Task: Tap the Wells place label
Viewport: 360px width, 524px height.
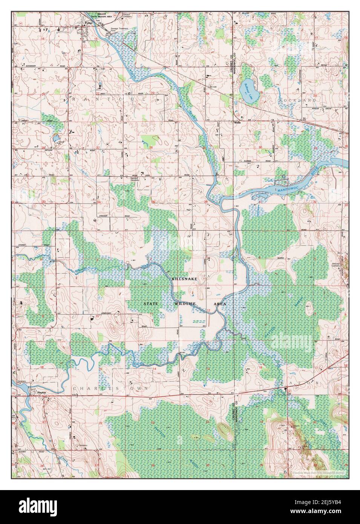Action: pyautogui.click(x=237, y=123)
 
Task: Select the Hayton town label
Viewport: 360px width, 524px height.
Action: pyautogui.click(x=41, y=392)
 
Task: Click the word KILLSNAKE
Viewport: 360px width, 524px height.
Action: pyautogui.click(x=184, y=278)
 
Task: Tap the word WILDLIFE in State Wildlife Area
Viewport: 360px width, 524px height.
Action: pyautogui.click(x=184, y=303)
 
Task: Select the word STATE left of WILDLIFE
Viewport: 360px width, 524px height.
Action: pyautogui.click(x=150, y=303)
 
